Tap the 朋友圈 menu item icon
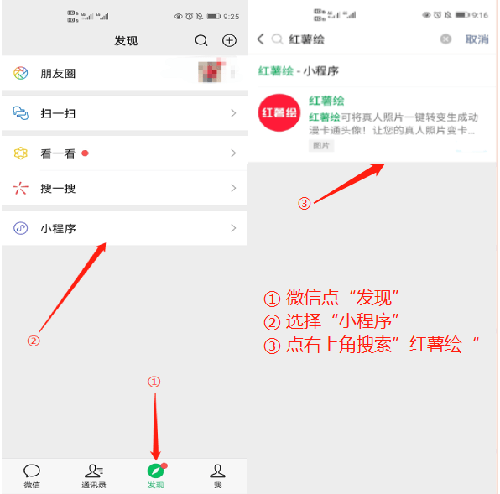(x=21, y=73)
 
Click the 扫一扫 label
(x=58, y=113)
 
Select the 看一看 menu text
(x=58, y=153)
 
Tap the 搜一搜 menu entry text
(x=58, y=189)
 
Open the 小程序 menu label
(x=58, y=228)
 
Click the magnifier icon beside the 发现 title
(x=201, y=40)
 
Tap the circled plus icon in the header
(x=229, y=40)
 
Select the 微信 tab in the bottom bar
(x=32, y=476)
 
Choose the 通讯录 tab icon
(x=93, y=471)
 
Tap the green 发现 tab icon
(x=155, y=471)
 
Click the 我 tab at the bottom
(x=217, y=476)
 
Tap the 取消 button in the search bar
(x=477, y=39)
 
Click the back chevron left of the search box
(x=260, y=39)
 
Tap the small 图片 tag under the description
(x=320, y=146)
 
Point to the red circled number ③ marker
(x=305, y=203)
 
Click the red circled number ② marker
(x=34, y=341)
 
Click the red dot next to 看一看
(x=86, y=153)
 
